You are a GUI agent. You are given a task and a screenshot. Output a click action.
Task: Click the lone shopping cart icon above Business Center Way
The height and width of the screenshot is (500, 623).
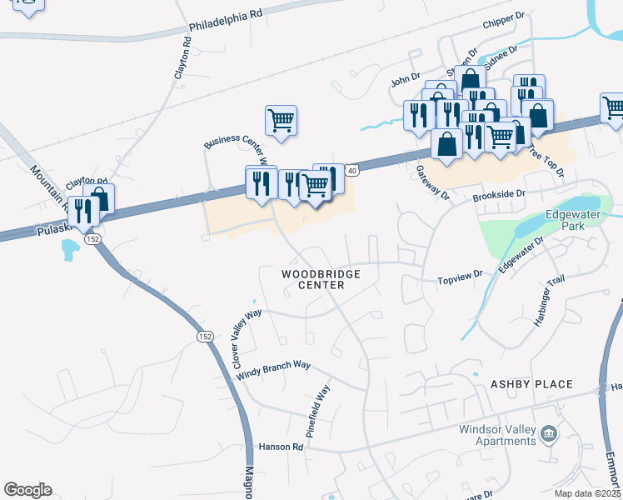282,120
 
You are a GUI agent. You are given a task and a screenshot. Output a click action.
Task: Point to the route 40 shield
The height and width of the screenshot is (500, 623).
352,171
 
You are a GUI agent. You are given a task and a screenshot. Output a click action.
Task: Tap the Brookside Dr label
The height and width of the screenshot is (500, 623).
500,193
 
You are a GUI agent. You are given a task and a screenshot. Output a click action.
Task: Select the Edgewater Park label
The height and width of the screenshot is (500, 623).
568,219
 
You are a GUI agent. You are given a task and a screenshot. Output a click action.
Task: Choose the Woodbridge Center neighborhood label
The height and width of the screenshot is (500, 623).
312,279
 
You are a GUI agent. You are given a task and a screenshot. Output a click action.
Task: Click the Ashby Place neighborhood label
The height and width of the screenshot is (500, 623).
531,384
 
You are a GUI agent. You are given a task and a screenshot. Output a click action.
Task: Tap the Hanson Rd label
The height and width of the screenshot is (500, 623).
281,447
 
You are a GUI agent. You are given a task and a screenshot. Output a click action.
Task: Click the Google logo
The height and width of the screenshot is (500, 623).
27,490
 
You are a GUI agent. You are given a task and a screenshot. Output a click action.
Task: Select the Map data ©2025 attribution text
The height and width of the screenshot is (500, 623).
587,493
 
